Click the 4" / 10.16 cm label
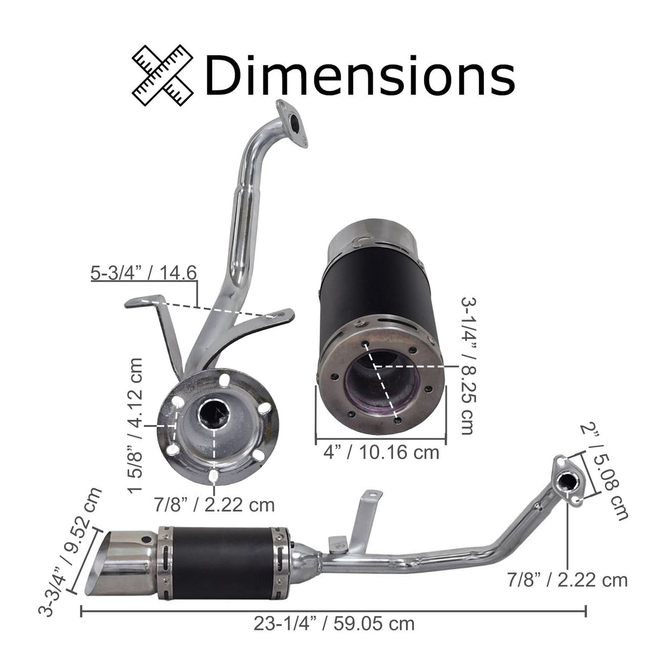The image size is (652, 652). tap(381, 452)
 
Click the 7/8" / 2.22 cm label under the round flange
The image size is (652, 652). tap(214, 505)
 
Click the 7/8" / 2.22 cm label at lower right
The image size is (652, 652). tap(567, 579)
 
